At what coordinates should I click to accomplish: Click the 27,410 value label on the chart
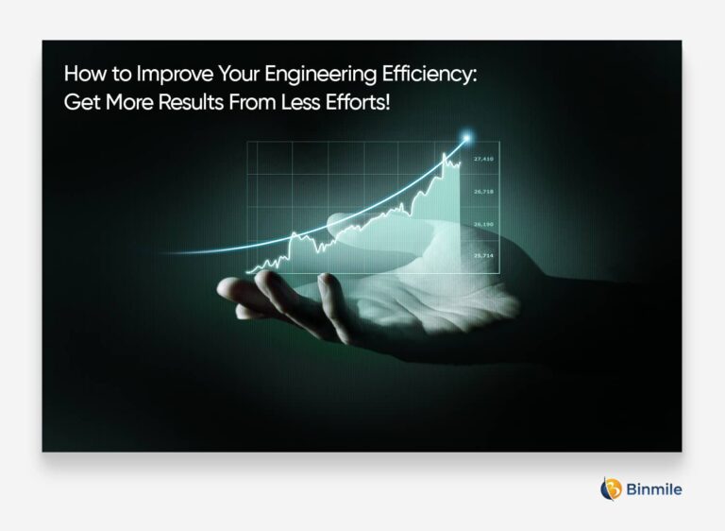pyautogui.click(x=484, y=160)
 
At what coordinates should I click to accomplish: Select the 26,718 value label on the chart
pyautogui.click(x=484, y=192)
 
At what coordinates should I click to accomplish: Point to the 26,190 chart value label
pyautogui.click(x=484, y=224)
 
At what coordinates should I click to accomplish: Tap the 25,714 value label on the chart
pyautogui.click(x=484, y=256)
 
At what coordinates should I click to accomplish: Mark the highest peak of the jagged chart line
pyautogui.click(x=444, y=153)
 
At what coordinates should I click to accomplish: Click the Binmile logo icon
pyautogui.click(x=611, y=488)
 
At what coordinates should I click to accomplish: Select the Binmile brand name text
pyautogui.click(x=654, y=489)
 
